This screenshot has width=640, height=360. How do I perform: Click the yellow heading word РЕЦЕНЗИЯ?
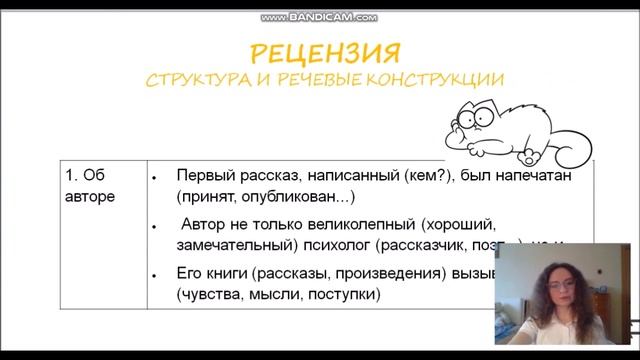point(324,52)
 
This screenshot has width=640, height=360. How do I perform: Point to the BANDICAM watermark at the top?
point(319,17)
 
